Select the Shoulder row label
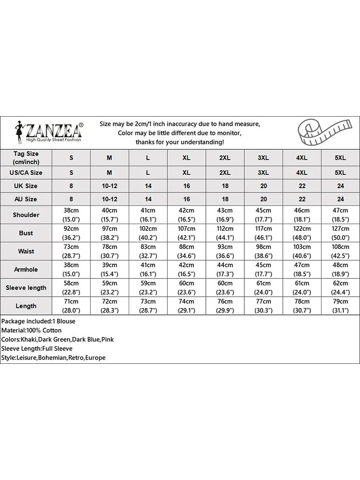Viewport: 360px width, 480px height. (x=26, y=215)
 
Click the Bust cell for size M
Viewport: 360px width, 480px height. (x=109, y=233)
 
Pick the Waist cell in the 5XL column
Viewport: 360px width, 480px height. (x=340, y=251)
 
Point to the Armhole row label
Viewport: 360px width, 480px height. (x=26, y=269)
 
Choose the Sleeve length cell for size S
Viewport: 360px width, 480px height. (x=71, y=288)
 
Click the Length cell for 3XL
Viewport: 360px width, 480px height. (x=264, y=306)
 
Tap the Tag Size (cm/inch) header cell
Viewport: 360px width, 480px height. (x=26, y=157)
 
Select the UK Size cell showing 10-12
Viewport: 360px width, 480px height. (x=109, y=186)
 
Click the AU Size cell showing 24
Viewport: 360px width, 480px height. (x=340, y=199)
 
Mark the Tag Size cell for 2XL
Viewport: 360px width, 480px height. (x=225, y=157)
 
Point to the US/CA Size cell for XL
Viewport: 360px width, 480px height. (x=186, y=172)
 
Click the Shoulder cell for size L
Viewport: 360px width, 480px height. (x=148, y=215)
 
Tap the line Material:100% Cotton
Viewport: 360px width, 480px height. (x=31, y=330)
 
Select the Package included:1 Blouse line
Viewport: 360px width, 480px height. (x=38, y=321)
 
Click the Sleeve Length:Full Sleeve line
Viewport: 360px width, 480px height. (x=37, y=348)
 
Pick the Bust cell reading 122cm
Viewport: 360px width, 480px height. (x=302, y=233)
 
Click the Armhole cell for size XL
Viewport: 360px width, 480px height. (x=186, y=269)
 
